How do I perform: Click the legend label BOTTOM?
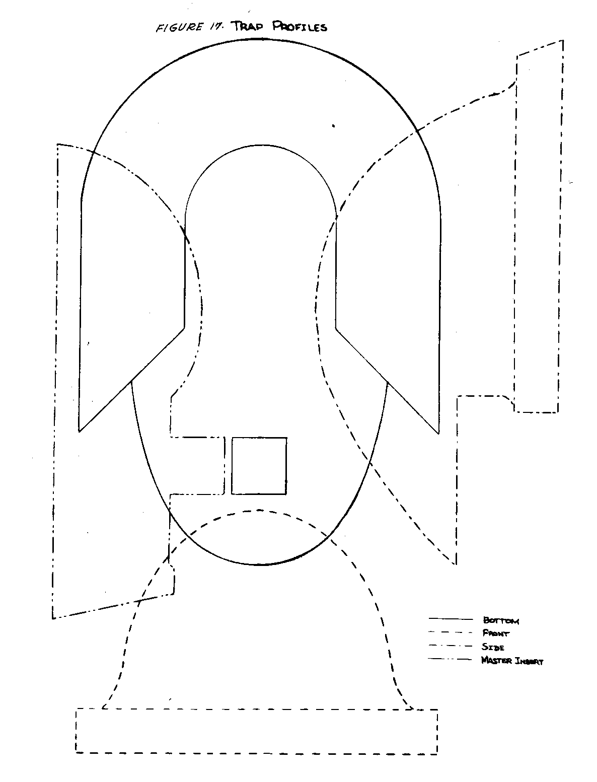[500, 620]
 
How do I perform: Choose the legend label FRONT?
[495, 633]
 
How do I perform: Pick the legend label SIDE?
[493, 647]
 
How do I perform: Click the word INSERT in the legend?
[529, 661]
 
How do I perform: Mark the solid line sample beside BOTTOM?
[451, 618]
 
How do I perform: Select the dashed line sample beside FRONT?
[451, 632]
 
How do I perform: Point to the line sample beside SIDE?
[451, 646]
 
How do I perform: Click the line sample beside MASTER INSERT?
[451, 659]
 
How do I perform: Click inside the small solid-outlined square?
[259, 466]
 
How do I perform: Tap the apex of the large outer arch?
[261, 37]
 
